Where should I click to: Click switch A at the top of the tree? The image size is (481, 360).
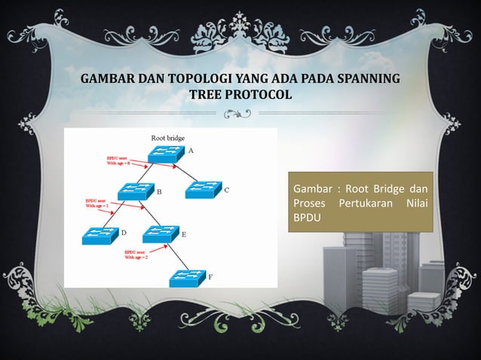tap(164, 154)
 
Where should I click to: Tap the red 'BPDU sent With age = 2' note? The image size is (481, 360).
tap(137, 255)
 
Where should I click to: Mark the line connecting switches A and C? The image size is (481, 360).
tap(183, 172)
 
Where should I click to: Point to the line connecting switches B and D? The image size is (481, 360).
tap(117, 212)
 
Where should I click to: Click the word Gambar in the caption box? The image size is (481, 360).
tap(313, 188)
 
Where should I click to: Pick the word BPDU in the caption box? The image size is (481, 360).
tap(308, 216)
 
